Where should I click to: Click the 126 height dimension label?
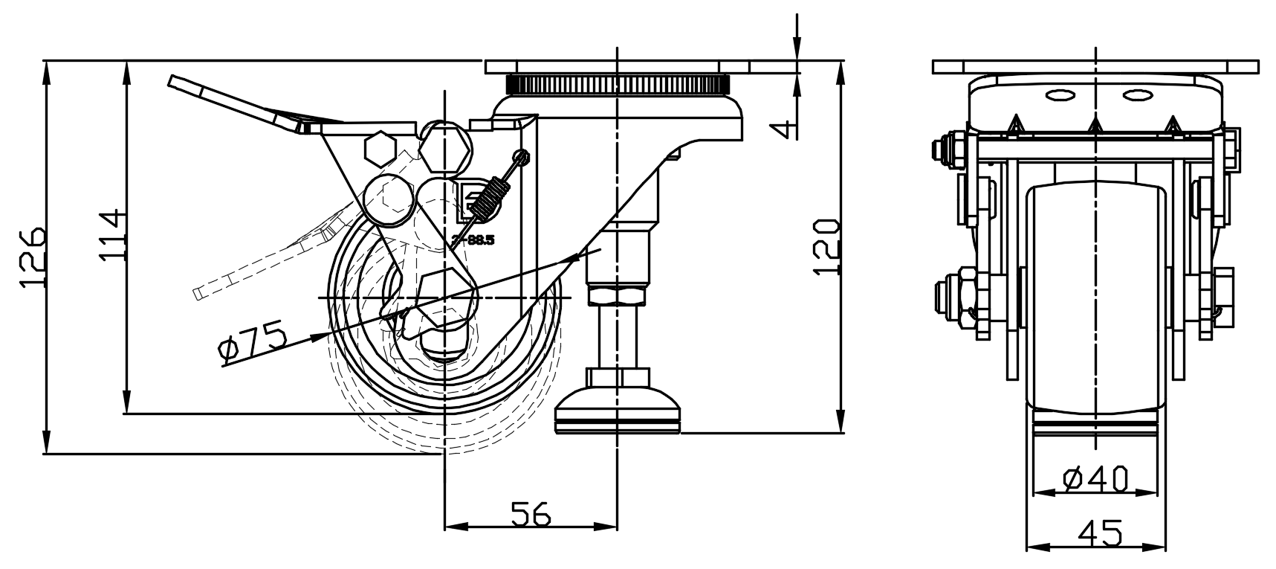pyautogui.click(x=34, y=257)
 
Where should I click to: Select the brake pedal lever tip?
pyautogui.click(x=178, y=83)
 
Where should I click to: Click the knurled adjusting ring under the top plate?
pyautogui.click(x=617, y=83)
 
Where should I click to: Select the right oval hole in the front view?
pyautogui.click(x=1136, y=94)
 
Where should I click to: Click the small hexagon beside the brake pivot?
pyautogui.click(x=380, y=148)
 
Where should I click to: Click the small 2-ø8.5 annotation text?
pyautogui.click(x=473, y=240)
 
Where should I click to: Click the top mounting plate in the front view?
pyautogui.click(x=1096, y=67)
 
